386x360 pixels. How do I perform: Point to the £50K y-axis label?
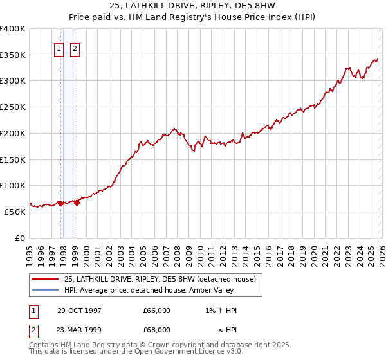coord(15,212)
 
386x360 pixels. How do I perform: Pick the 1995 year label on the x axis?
coord(30,251)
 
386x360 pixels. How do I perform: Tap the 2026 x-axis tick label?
coord(381,251)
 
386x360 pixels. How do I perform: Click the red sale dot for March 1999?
coord(77,203)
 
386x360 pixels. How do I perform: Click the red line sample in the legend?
coord(45,279)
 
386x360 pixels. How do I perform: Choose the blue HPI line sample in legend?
coord(45,290)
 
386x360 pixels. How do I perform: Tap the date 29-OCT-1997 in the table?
coord(79,310)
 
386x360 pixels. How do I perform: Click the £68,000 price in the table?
coord(157,330)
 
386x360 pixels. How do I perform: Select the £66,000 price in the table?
coord(157,310)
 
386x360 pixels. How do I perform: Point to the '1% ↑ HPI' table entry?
coord(221,310)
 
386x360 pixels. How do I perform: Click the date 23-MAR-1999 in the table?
coord(79,330)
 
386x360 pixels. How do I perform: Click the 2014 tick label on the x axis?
coord(245,251)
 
